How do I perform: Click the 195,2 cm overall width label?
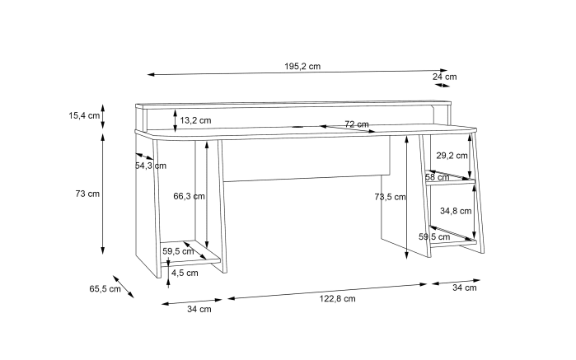coord(302,67)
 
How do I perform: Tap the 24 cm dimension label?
coord(444,77)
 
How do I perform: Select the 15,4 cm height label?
coord(84,115)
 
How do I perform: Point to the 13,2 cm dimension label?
coord(195,120)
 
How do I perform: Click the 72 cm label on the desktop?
coord(357,124)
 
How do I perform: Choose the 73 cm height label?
coord(87,194)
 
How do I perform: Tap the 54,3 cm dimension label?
coord(151,166)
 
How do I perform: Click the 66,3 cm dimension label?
coord(190,196)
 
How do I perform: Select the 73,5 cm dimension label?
coord(390,197)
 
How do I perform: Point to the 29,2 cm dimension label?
coord(452,156)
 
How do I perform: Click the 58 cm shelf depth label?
coord(438,177)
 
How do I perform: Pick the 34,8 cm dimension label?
coord(456,211)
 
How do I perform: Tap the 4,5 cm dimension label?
coord(185,273)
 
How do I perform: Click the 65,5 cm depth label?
coord(105,288)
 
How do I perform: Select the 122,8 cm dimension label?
coord(338,299)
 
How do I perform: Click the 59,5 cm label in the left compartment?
coord(178,251)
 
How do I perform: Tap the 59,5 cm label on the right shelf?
coord(434,237)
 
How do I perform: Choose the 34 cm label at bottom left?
coord(199,309)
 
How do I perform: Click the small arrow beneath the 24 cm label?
coord(442,85)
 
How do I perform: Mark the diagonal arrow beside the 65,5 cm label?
coord(124,287)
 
